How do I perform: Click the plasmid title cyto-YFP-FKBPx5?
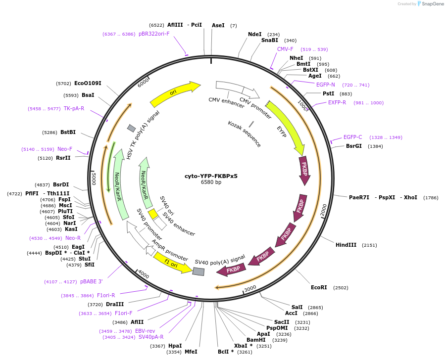(x=211, y=176)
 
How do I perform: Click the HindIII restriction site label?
(x=346, y=245)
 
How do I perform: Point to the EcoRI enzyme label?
(x=319, y=287)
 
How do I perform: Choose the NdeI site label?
(x=254, y=34)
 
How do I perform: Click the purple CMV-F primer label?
(x=285, y=49)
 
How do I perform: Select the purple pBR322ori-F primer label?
(x=154, y=34)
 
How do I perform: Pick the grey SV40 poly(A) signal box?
(x=198, y=271)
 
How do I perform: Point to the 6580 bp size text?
(x=211, y=182)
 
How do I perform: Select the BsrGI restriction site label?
(x=354, y=146)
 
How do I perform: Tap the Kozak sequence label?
(x=244, y=134)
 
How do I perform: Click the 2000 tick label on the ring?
(x=324, y=210)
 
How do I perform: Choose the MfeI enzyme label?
(x=191, y=352)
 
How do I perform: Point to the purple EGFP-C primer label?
(x=353, y=137)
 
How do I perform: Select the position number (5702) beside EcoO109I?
(x=63, y=83)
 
